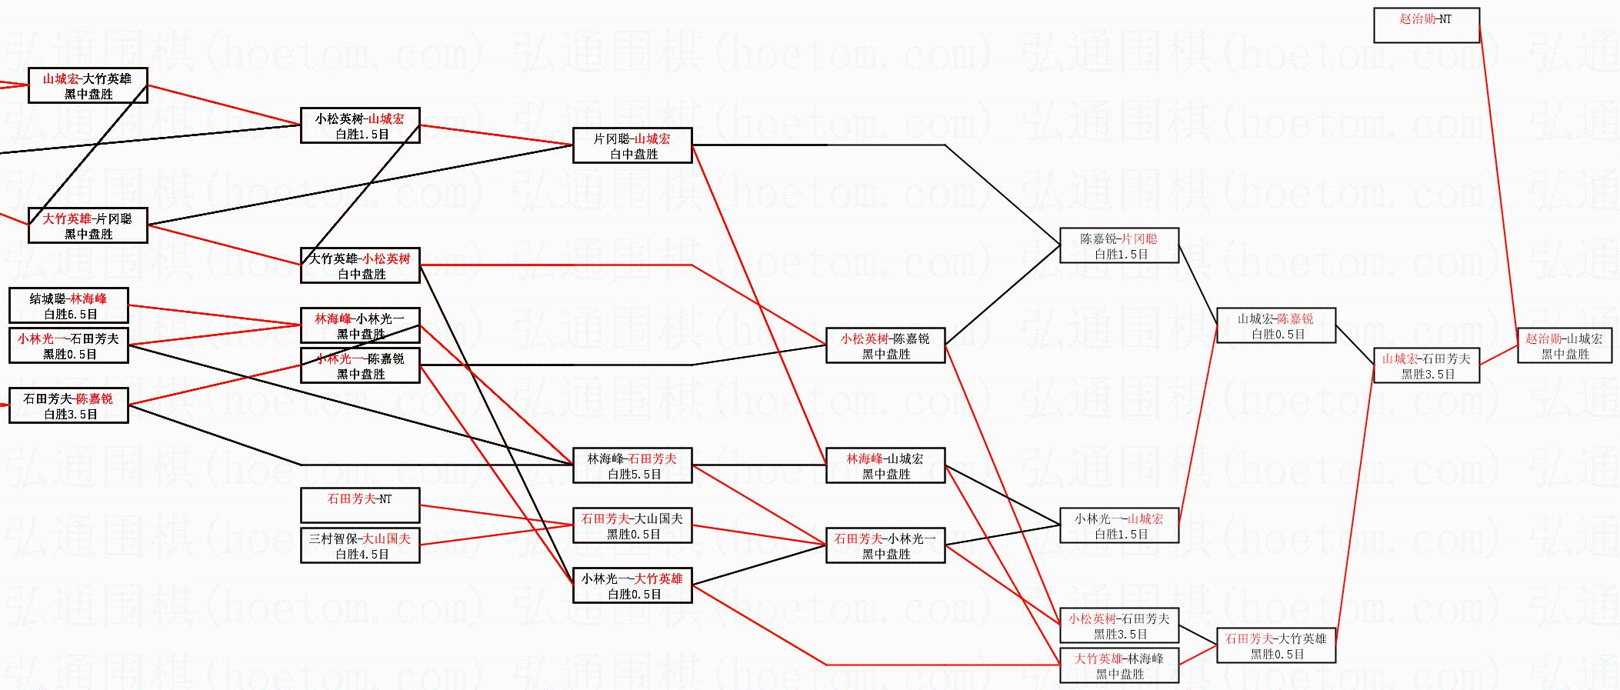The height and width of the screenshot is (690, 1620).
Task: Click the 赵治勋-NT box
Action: click(x=1425, y=25)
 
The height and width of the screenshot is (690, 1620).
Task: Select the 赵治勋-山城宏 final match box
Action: click(x=1564, y=346)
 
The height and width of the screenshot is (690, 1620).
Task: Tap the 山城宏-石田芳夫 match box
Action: click(x=1425, y=366)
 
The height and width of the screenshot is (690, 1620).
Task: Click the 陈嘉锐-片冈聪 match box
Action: click(x=1118, y=246)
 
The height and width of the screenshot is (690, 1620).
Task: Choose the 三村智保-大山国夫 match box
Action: click(x=359, y=546)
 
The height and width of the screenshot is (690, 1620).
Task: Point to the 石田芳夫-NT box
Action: click(x=359, y=505)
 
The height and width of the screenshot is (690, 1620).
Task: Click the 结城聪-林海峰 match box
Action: click(x=68, y=306)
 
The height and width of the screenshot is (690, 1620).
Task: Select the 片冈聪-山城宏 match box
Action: click(x=632, y=146)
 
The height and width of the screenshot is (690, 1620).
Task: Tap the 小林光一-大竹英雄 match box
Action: click(x=632, y=586)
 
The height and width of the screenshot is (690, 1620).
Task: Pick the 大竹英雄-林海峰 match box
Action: click(x=1118, y=666)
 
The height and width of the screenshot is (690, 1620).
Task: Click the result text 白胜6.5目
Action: click(x=71, y=315)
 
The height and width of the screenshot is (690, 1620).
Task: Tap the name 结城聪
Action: click(x=47, y=298)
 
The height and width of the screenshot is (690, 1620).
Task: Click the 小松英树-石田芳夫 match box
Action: click(x=1118, y=626)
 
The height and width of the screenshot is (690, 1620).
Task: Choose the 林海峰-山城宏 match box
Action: click(x=885, y=466)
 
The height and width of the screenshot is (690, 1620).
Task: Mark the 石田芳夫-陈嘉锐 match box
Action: click(x=68, y=406)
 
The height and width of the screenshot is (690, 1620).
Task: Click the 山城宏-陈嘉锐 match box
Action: click(x=1275, y=326)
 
